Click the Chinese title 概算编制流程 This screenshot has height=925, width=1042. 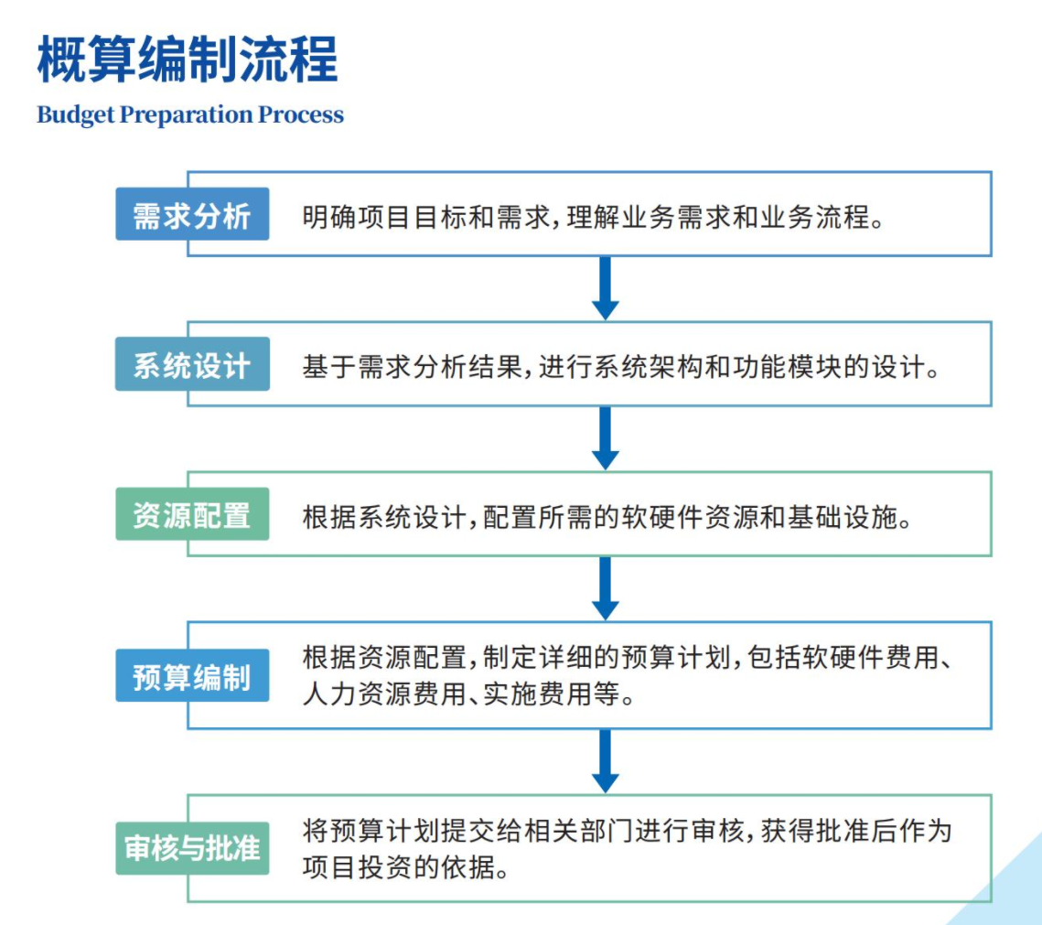pos(188,59)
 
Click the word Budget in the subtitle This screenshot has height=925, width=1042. pos(76,115)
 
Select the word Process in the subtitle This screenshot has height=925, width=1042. pos(301,115)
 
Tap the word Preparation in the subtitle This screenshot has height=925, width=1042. pos(187,115)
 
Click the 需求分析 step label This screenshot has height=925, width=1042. pos(192,214)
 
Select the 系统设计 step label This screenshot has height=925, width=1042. pos(192,364)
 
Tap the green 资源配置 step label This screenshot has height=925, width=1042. pos(192,514)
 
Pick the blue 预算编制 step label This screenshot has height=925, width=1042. pos(192,676)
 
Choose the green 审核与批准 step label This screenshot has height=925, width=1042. pos(192,848)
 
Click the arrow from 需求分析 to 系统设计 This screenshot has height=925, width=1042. pos(606,288)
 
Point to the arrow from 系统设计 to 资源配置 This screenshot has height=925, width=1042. pos(606,438)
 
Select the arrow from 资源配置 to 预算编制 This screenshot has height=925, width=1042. pos(606,588)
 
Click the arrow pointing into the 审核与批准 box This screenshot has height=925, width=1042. pos(606,761)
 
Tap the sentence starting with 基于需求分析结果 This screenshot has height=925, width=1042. pos(620,367)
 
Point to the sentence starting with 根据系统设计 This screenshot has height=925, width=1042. pos(607,517)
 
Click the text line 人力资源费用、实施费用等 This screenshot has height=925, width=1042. pos(468,694)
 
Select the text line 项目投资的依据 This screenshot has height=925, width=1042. pos(405,866)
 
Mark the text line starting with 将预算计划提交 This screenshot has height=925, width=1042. pos(628,831)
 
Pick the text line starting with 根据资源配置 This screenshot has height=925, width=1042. pos(628,657)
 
